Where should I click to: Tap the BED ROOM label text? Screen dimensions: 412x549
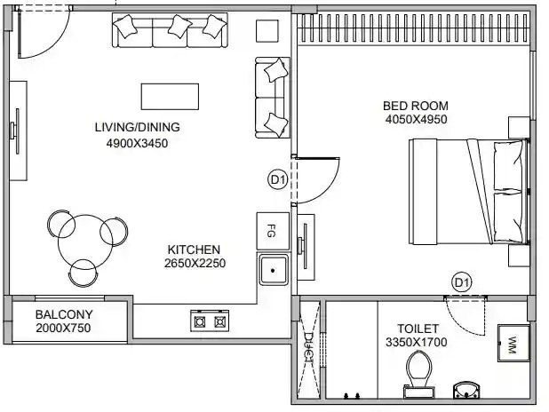416,106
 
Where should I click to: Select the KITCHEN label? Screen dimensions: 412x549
193,250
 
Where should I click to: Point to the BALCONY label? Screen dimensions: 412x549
63,314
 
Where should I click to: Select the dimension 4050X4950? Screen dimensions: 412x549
416,120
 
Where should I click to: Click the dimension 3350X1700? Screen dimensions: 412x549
415,342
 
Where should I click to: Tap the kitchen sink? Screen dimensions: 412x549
274,267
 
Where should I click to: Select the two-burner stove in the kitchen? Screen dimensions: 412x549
210,320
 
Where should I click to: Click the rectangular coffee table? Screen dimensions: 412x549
170,96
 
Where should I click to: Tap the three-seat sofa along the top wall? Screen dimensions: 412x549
168,31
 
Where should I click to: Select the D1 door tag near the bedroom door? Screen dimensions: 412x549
277,180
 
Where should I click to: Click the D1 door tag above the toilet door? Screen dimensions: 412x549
461,282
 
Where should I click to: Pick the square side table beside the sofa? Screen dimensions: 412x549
267,31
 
